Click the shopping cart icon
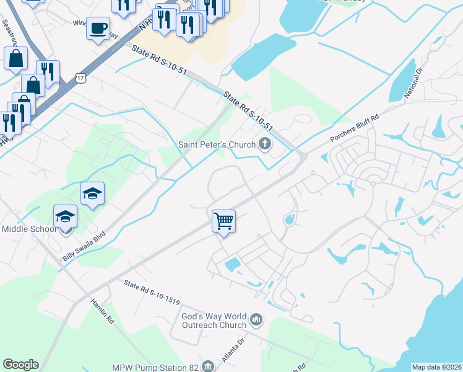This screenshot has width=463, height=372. click(x=223, y=221)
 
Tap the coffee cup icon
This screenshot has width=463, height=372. click(x=98, y=29)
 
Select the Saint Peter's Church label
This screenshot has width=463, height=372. click(x=217, y=145)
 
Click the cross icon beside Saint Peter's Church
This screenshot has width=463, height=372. click(x=265, y=145)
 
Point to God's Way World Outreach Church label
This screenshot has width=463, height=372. click(x=214, y=321)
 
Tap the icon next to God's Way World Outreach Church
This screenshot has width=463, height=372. click(x=257, y=321)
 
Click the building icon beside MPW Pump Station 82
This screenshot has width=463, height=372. click(x=208, y=367)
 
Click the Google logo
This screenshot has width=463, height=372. click(x=20, y=365)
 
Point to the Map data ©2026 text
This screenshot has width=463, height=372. click(x=436, y=367)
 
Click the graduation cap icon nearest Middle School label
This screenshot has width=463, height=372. click(x=65, y=216)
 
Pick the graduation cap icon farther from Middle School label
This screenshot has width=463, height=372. click(x=92, y=194)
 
